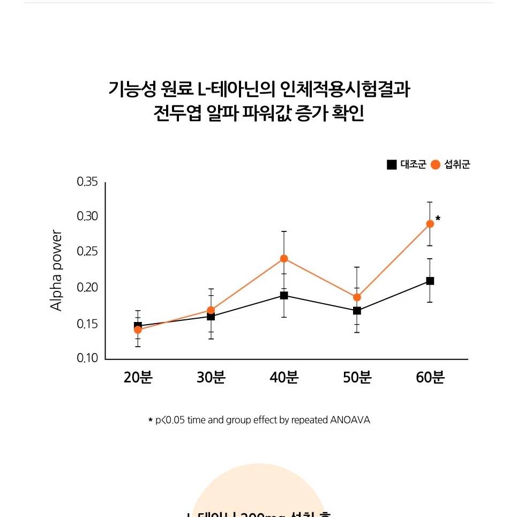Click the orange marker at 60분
tap(430, 224)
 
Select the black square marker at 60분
tap(430, 281)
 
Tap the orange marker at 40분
tap(284, 258)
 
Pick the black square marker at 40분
tap(284, 295)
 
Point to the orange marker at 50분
tap(357, 297)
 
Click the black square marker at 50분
tap(357, 311)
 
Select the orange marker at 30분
tap(211, 310)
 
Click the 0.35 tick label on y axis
tap(87, 182)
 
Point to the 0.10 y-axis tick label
tap(87, 358)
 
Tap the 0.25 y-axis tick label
tap(87, 252)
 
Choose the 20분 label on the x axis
tap(138, 378)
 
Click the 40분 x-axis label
tap(284, 378)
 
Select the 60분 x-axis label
tap(430, 378)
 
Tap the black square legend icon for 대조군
tap(392, 165)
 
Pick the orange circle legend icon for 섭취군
tap(436, 165)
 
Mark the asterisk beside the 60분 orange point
tap(438, 219)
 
